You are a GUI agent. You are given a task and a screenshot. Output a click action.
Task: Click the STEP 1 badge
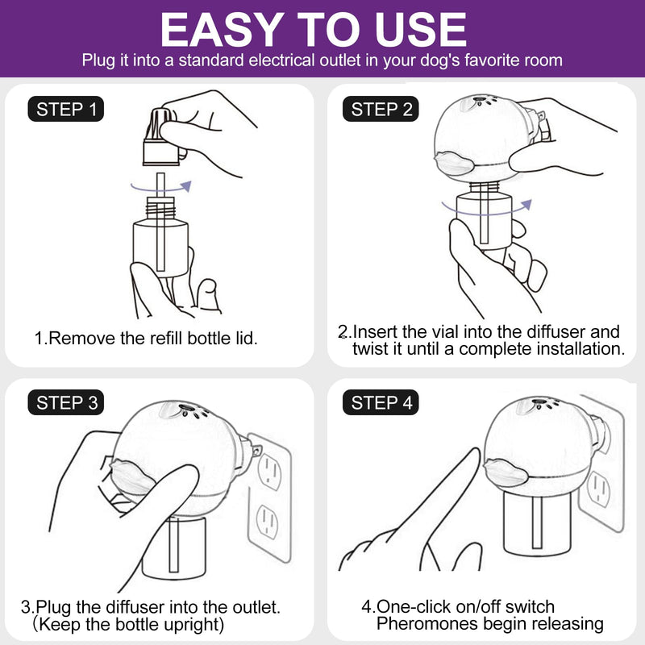(x=66, y=109)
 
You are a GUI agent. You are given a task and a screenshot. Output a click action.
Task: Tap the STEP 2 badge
(x=381, y=109)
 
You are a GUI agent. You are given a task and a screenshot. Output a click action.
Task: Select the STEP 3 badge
(x=66, y=402)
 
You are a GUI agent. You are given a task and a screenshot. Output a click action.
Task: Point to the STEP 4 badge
(x=381, y=402)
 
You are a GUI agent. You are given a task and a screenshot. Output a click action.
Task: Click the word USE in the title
(x=421, y=30)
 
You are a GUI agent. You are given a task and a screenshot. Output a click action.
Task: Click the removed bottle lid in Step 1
(x=161, y=137)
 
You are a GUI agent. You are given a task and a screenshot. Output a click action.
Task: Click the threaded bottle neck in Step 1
(x=160, y=208)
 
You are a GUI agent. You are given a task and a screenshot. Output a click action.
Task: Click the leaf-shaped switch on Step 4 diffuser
(x=506, y=472)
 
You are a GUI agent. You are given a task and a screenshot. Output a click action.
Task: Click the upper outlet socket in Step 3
(x=270, y=472)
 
